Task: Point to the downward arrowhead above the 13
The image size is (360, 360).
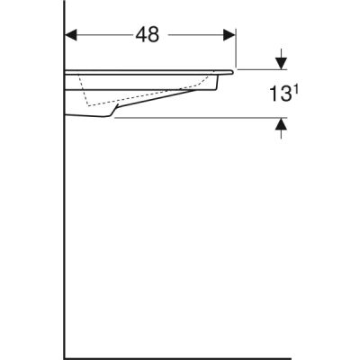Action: point(281,63)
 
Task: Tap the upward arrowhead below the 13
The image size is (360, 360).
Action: point(281,125)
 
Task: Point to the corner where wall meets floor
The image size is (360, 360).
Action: point(66,356)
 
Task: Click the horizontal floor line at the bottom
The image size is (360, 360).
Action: point(180,356)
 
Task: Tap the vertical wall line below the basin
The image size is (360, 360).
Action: point(66,234)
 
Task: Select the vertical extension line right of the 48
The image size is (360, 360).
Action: point(236,49)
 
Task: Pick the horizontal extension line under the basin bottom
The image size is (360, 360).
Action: point(198,118)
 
